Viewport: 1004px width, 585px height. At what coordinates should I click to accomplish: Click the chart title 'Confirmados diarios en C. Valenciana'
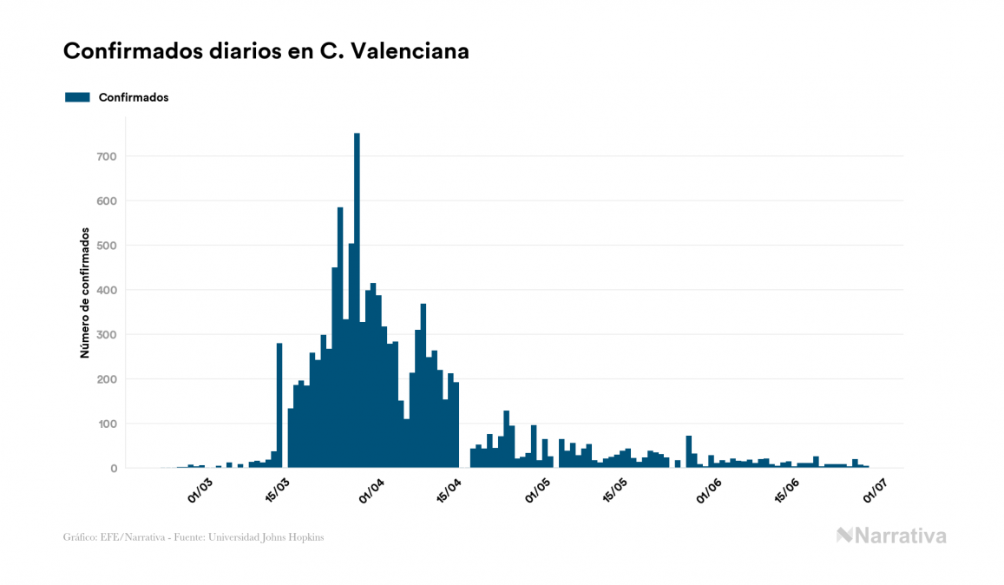pos(266,51)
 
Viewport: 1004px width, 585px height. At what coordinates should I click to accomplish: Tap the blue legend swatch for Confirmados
pos(77,97)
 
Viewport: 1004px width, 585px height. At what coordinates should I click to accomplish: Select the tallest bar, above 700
pos(357,300)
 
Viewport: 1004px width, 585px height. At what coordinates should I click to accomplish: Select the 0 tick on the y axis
pos(113,469)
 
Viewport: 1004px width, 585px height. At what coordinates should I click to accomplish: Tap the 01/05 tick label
pos(539,490)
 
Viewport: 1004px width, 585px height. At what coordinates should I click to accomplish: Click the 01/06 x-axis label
pos(709,490)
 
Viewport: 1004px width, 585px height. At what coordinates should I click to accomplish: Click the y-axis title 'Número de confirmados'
pos(85,293)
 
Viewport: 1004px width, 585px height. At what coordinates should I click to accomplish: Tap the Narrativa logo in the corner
pos(891,536)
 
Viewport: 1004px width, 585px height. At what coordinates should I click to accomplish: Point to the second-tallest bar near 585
pos(340,338)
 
